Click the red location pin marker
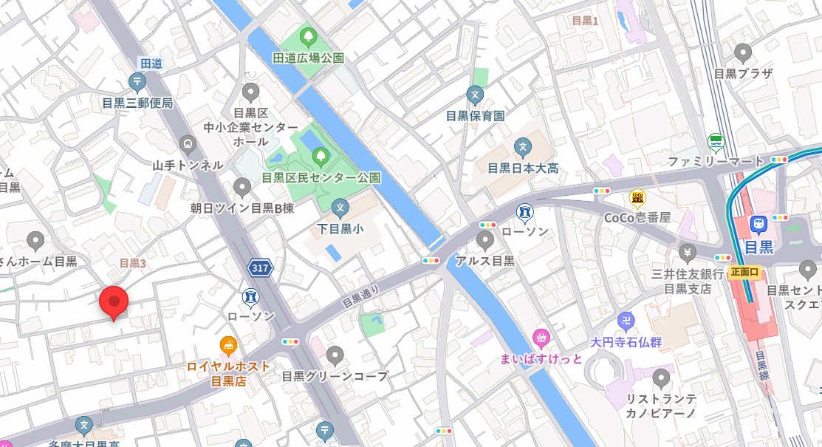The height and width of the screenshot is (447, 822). (x=114, y=301)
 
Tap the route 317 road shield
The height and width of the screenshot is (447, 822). (x=259, y=269)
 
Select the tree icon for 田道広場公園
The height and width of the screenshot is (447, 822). (x=308, y=35)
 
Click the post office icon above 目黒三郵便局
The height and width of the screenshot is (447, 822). (x=137, y=82)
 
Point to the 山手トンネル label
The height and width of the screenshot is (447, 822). (x=187, y=166)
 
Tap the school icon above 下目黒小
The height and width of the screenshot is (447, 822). (x=340, y=208)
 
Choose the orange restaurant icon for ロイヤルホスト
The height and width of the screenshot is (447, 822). (x=229, y=345)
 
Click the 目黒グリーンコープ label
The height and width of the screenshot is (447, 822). (x=335, y=376)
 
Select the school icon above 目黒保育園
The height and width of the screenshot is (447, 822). (x=475, y=95)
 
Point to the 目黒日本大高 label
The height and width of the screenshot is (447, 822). (x=523, y=168)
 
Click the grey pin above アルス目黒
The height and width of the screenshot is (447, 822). (x=484, y=239)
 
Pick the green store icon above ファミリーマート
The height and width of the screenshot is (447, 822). (x=715, y=140)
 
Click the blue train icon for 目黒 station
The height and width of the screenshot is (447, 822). (x=758, y=225)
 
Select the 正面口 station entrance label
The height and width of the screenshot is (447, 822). (x=745, y=272)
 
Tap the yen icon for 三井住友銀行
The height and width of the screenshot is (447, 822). (x=687, y=253)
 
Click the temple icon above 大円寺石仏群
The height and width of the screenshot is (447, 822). (x=626, y=321)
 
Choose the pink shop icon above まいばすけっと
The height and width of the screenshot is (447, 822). (x=541, y=338)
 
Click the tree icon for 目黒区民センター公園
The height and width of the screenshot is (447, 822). (x=321, y=156)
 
